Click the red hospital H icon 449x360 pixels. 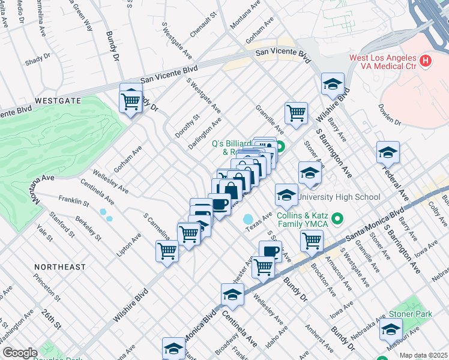tap(426, 60)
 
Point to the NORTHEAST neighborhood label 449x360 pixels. tap(59, 266)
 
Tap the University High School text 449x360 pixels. tap(339, 197)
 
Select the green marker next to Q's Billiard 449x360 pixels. tap(280, 145)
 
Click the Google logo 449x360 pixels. tap(19, 353)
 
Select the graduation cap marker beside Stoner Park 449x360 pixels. tap(391, 329)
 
